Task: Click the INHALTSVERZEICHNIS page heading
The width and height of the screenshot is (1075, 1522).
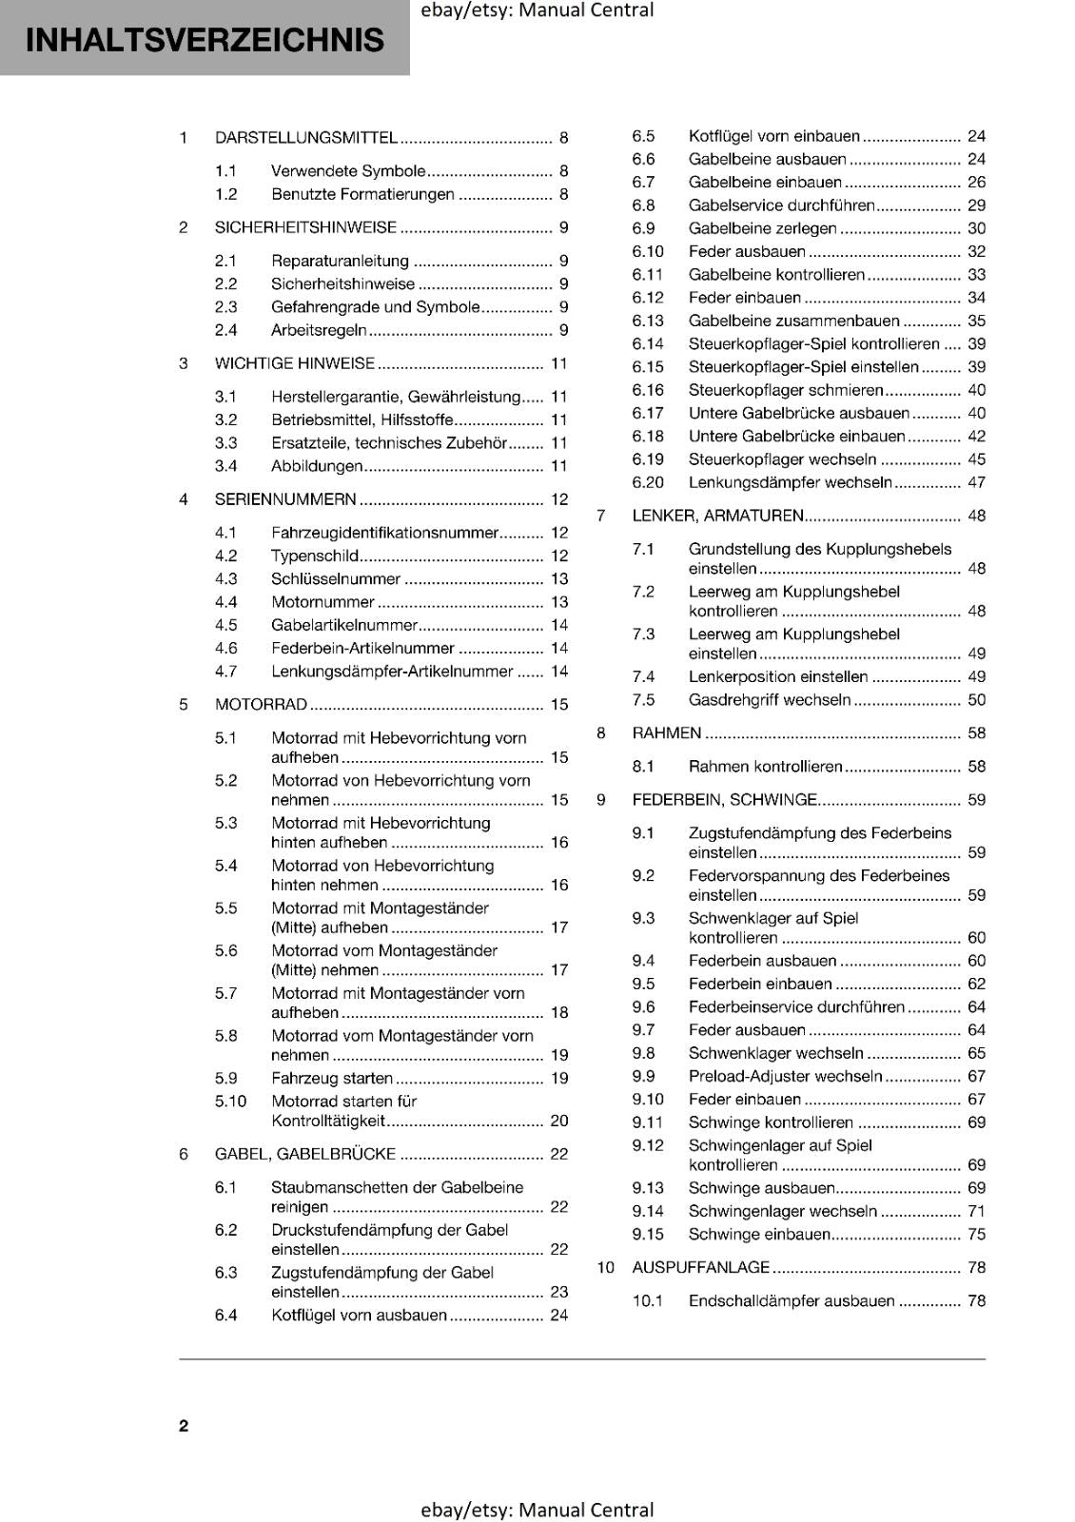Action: (x=205, y=40)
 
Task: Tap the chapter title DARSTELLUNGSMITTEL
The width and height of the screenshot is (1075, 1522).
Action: (x=305, y=138)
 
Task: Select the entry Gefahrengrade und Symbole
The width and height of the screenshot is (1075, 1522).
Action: (x=375, y=307)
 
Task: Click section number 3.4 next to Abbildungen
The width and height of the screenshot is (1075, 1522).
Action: (x=225, y=466)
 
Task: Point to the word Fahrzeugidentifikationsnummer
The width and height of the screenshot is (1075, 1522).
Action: (x=384, y=533)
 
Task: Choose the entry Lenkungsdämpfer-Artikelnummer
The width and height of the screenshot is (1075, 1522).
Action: (x=391, y=672)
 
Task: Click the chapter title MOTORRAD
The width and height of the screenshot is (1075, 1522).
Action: (x=261, y=705)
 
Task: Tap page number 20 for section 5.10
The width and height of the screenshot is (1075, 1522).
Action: (x=559, y=1122)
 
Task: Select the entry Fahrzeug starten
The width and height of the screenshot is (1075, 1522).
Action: (x=331, y=1079)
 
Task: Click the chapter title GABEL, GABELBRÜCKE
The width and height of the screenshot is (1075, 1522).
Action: (x=304, y=1154)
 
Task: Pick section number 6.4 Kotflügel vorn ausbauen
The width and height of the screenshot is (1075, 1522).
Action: (x=225, y=1316)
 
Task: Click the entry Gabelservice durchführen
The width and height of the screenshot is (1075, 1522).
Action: (x=780, y=205)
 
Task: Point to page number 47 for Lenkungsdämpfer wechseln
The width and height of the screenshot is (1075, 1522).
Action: (x=976, y=482)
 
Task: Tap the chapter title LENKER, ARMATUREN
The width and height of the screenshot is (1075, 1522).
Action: (x=717, y=516)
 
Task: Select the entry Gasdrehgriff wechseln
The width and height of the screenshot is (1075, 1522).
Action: (x=769, y=700)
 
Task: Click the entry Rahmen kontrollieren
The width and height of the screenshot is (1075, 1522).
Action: (x=765, y=767)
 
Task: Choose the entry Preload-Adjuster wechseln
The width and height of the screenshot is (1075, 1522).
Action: (x=785, y=1077)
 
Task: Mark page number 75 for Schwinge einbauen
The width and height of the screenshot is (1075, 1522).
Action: (x=976, y=1235)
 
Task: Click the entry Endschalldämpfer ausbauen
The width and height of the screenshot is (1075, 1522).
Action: (x=791, y=1301)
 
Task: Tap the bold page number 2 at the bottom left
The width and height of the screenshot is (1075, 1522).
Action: (x=184, y=1426)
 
